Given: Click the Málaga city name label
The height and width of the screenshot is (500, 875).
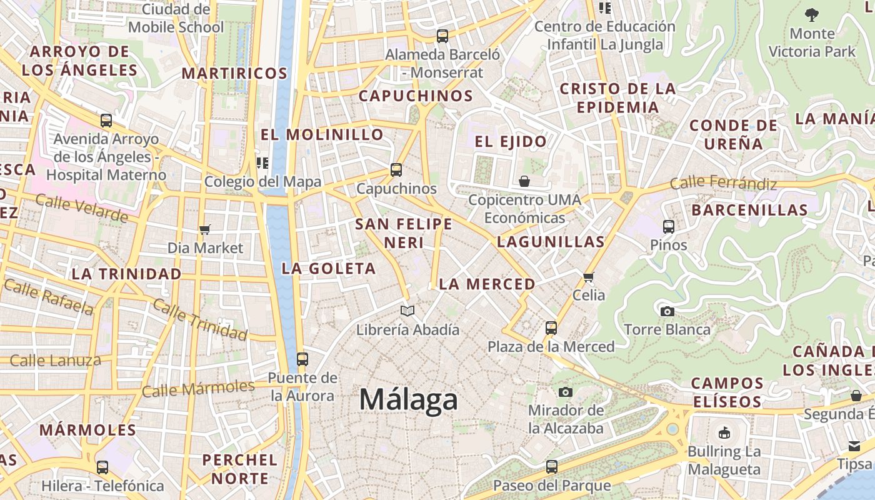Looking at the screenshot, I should (x=408, y=399).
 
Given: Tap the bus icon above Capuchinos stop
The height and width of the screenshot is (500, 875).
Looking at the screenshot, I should (x=396, y=169).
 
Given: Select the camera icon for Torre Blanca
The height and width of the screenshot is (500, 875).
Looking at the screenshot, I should (x=667, y=311).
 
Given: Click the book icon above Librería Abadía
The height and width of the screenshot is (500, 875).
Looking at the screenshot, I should (x=407, y=311).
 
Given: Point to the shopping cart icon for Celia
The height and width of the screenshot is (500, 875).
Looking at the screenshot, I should (x=588, y=277).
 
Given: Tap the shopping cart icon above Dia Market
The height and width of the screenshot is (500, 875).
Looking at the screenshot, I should (x=205, y=229).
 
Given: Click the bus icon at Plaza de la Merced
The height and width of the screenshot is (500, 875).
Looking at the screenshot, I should (x=551, y=327).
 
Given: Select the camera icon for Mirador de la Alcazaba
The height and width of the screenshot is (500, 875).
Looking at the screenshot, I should (x=566, y=392).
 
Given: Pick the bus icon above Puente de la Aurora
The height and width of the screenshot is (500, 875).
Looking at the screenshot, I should (x=302, y=359).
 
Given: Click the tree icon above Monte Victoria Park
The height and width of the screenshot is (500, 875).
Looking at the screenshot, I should (x=812, y=14).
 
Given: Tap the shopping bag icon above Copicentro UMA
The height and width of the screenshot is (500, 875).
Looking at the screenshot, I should (x=524, y=181).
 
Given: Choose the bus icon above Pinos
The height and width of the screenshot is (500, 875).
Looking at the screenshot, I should (x=668, y=226).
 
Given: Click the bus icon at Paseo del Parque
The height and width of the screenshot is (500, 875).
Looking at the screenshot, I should (x=551, y=466).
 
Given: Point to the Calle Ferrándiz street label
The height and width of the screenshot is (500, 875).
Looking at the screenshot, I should (x=723, y=183).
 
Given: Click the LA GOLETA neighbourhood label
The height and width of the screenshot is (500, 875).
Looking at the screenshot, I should (x=329, y=269).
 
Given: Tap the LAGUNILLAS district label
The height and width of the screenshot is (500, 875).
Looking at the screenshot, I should (x=551, y=242).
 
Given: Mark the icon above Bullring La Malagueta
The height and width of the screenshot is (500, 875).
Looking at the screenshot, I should (x=724, y=432).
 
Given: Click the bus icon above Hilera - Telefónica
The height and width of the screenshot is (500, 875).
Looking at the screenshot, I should (x=102, y=467).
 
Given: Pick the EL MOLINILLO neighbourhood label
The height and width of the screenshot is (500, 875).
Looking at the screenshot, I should (x=322, y=134).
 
